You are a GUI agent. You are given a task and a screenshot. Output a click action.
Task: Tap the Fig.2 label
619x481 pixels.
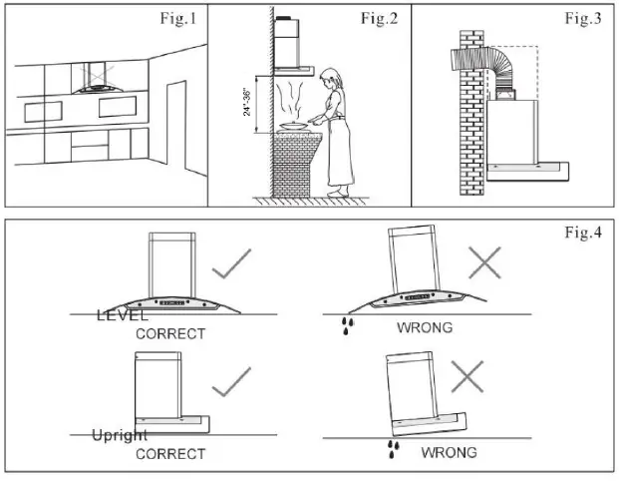(x=380, y=20)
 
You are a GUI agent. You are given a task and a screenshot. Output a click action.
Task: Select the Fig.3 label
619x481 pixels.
(x=583, y=20)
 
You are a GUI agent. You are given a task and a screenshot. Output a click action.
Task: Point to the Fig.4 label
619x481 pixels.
(x=583, y=233)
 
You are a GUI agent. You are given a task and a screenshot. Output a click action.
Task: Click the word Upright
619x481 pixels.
(x=120, y=436)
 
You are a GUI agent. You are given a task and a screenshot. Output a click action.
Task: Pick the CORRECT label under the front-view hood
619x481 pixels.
(x=170, y=333)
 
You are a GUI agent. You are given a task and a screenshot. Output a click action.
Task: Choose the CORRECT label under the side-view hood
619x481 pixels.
(x=170, y=454)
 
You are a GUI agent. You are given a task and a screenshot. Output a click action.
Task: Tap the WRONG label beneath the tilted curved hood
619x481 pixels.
(x=425, y=327)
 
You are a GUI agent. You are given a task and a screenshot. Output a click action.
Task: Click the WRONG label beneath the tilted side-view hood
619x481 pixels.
(x=449, y=453)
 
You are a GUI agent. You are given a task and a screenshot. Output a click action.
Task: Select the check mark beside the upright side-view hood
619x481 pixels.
(x=231, y=381)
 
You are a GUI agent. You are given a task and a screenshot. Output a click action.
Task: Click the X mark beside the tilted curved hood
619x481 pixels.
(x=484, y=261)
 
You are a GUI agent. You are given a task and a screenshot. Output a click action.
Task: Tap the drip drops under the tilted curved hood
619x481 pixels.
(x=345, y=324)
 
